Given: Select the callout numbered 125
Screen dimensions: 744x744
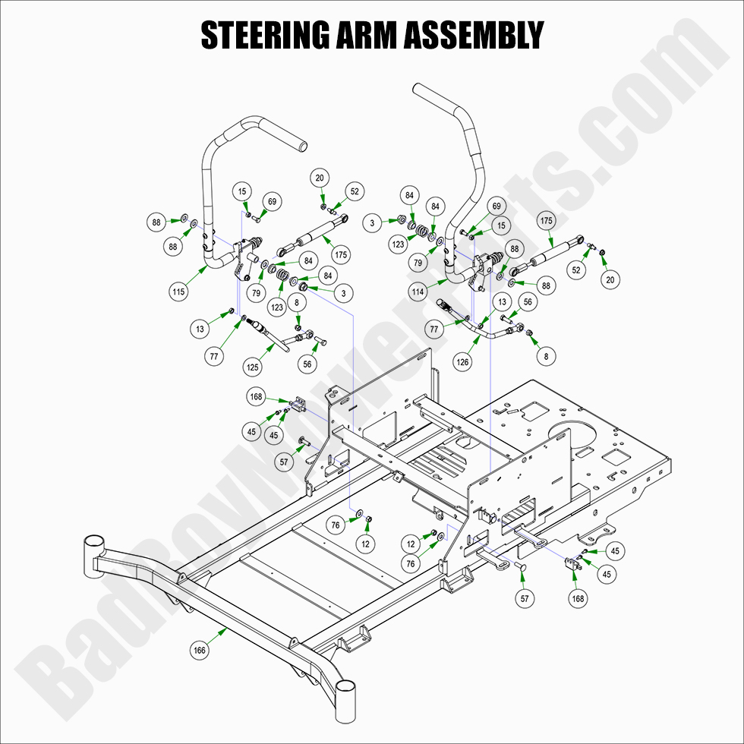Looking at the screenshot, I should point(253,367).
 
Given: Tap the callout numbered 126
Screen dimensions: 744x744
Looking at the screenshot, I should point(464,362).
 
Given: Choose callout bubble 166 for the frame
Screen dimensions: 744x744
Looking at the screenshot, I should point(200,650).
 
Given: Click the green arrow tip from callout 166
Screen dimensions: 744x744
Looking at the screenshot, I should point(228,628).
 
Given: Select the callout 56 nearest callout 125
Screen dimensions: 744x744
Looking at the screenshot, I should point(307,364).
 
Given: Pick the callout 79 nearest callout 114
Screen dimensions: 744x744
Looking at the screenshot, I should point(418,263).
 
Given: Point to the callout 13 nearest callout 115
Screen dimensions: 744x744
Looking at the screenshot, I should point(200,329).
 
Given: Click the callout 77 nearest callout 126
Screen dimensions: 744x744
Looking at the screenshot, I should point(435,330).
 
